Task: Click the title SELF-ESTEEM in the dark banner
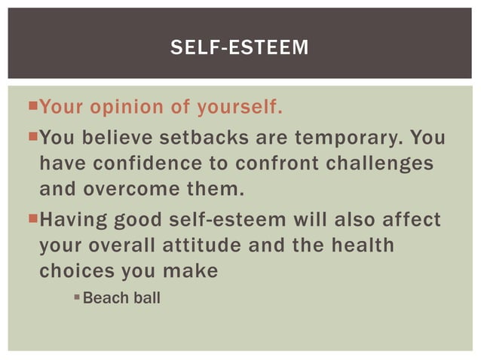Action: coord(240,48)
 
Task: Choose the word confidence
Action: coord(139,163)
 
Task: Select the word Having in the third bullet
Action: coord(72,221)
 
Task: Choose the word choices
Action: coord(75,270)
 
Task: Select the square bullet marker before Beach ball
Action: coord(77,298)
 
